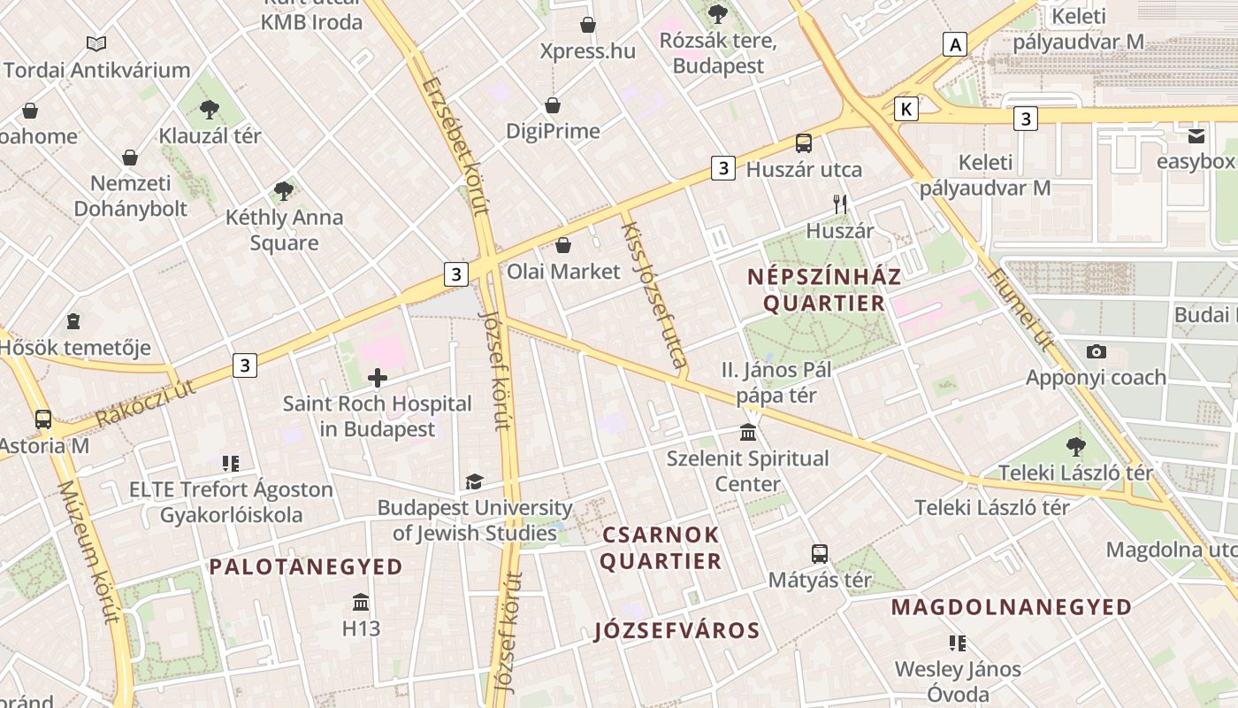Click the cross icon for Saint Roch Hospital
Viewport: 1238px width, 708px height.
(378, 379)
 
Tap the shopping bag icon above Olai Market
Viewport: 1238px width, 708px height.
(563, 245)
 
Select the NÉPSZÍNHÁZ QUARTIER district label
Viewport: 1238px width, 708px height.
(815, 289)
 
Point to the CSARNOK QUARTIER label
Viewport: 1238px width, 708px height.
(661, 548)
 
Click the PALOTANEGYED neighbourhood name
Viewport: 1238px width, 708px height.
(306, 567)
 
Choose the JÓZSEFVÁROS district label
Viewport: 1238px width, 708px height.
(677, 630)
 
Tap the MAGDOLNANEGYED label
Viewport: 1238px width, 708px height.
(1011, 607)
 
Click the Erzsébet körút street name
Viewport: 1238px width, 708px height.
(455, 147)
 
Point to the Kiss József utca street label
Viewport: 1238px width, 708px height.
(654, 294)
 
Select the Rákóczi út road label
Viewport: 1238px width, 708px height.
(145, 403)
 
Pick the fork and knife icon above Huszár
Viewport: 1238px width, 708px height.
(840, 204)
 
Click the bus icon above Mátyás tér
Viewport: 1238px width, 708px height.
(820, 554)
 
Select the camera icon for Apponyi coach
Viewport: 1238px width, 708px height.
(1097, 351)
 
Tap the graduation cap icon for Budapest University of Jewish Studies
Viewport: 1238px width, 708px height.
(475, 482)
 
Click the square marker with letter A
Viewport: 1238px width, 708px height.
(954, 44)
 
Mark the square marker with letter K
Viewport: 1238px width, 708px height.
(906, 109)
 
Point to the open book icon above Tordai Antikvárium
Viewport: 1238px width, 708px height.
(96, 43)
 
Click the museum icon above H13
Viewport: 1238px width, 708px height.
(361, 603)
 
